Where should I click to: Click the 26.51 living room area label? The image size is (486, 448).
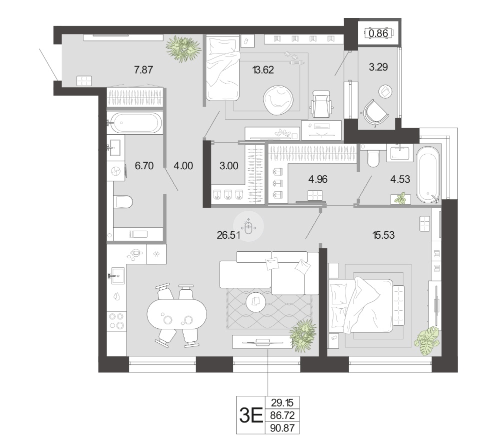pyautogui.click(x=228, y=235)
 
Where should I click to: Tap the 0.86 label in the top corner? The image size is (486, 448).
pyautogui.click(x=378, y=33)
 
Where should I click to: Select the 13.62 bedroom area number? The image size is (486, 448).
pyautogui.click(x=263, y=70)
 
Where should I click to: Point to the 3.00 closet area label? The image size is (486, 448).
pyautogui.click(x=228, y=166)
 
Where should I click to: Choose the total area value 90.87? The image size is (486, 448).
pyautogui.click(x=282, y=428)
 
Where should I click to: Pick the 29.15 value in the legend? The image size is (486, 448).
pyautogui.click(x=281, y=403)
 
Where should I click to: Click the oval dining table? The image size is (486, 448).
pyautogui.click(x=176, y=314)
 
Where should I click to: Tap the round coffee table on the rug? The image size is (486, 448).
pyautogui.click(x=255, y=301)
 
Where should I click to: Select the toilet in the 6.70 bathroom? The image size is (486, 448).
pyautogui.click(x=123, y=202)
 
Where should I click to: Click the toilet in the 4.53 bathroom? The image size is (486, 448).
pyautogui.click(x=372, y=158)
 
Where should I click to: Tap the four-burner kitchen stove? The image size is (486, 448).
pyautogui.click(x=116, y=321)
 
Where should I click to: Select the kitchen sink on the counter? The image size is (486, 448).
pyautogui.click(x=117, y=275)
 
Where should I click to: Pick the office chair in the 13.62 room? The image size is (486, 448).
pyautogui.click(x=321, y=104)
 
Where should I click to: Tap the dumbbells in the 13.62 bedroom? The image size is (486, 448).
pyautogui.click(x=294, y=59)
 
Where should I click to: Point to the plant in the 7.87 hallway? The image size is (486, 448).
pyautogui.click(x=183, y=48)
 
